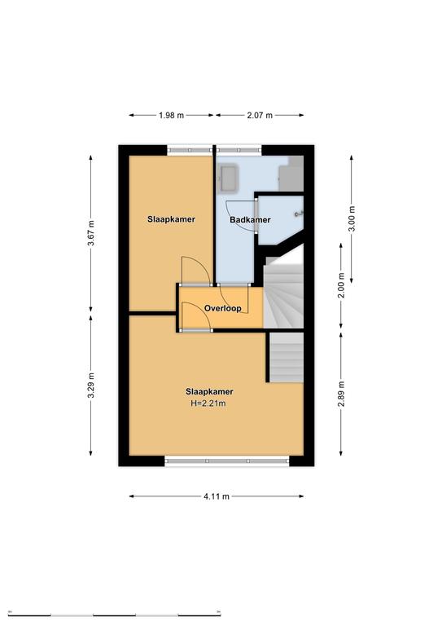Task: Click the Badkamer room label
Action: click(x=250, y=219)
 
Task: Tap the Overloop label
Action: click(x=223, y=308)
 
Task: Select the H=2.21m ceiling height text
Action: click(x=208, y=403)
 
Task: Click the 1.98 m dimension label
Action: click(x=172, y=116)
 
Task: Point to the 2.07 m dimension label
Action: click(x=260, y=116)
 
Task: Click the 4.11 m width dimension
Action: click(x=217, y=496)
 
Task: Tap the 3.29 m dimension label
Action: click(x=91, y=385)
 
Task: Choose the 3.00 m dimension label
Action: click(x=352, y=218)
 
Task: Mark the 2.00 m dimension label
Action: click(x=341, y=285)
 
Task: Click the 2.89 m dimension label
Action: click(x=341, y=394)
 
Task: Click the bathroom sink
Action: click(x=230, y=177)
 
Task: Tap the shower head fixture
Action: click(x=298, y=214)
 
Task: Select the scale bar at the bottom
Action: click(x=115, y=615)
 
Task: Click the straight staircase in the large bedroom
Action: click(x=287, y=357)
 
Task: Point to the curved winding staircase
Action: click(x=283, y=293)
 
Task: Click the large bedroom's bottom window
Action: click(x=227, y=461)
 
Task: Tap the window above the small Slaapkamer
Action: click(x=190, y=150)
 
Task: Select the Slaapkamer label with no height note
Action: click(x=172, y=219)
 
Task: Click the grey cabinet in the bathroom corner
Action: click(x=291, y=174)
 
